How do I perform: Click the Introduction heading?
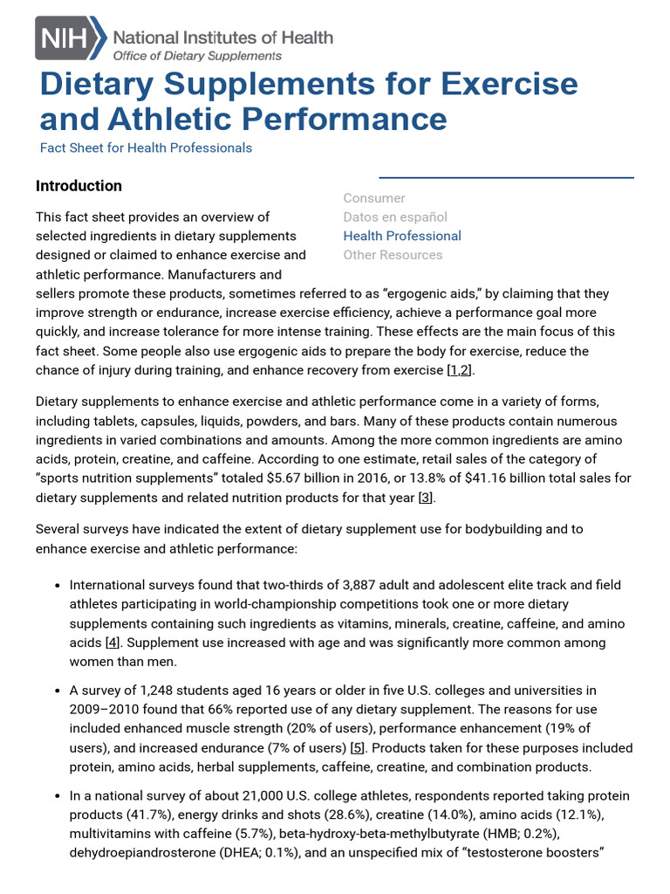tap(79, 186)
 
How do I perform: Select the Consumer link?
tap(374, 198)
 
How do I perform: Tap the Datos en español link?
tap(395, 217)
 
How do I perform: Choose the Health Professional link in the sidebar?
tap(402, 236)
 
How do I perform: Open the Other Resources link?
tap(393, 255)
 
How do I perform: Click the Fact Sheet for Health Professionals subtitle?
tap(146, 148)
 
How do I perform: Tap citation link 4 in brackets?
tap(113, 643)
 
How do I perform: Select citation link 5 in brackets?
tap(357, 748)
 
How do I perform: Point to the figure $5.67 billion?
tap(377, 478)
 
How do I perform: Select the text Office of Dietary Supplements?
tap(198, 55)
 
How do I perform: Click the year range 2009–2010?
tap(106, 710)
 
